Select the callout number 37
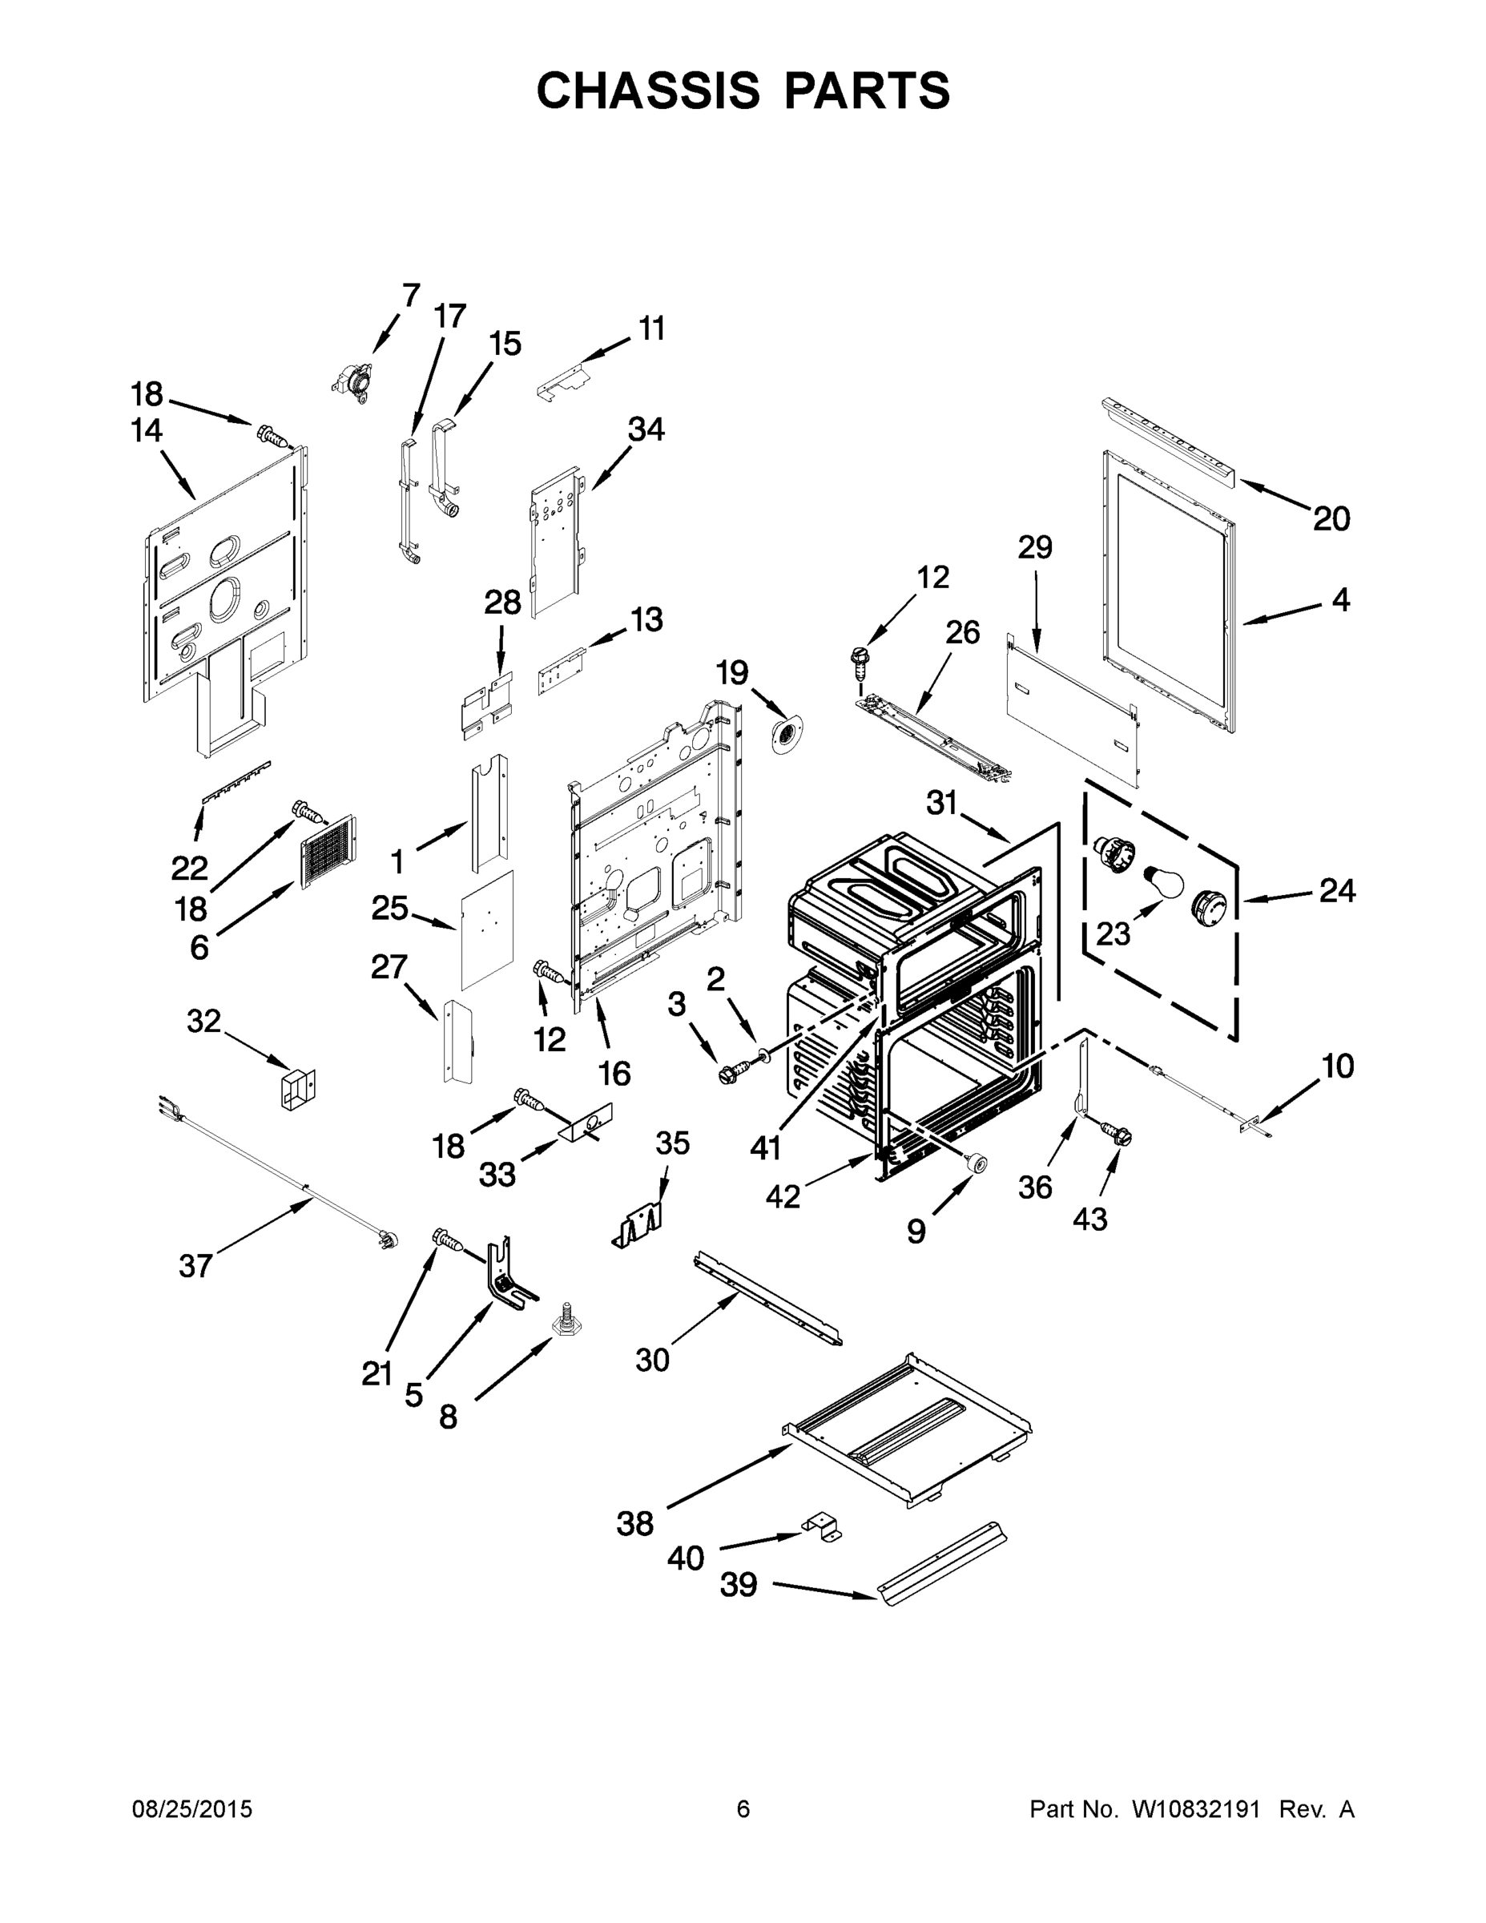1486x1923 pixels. [x=195, y=1266]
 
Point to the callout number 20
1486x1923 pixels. [x=1331, y=518]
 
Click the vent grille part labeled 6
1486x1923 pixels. [x=329, y=849]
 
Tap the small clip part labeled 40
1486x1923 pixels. [x=820, y=1525]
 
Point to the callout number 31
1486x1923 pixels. [x=941, y=802]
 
